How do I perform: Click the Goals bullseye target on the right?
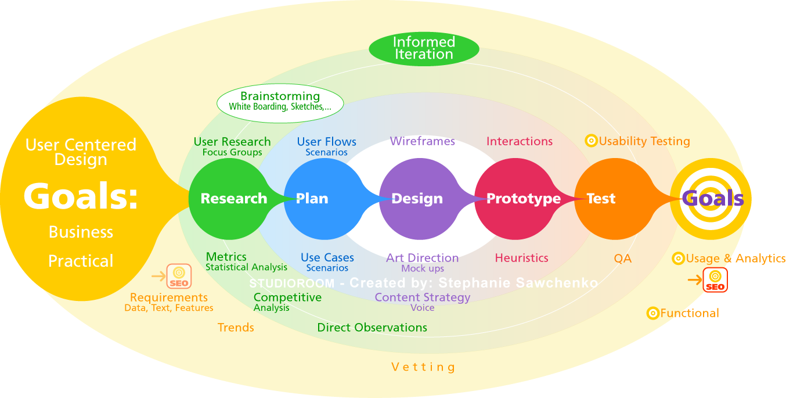(711, 199)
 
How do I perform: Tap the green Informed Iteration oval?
(424, 48)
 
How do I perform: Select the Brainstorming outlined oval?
(280, 102)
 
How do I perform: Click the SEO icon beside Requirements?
(179, 277)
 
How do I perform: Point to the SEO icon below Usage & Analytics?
(715, 279)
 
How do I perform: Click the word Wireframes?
(422, 141)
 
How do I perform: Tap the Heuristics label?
(521, 258)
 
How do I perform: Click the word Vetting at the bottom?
(423, 367)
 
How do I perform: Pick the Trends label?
(236, 328)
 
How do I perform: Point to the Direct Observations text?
(372, 328)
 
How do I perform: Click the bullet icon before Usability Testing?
(591, 141)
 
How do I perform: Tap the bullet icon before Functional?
(652, 313)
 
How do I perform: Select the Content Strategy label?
(422, 297)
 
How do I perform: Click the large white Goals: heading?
(81, 196)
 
